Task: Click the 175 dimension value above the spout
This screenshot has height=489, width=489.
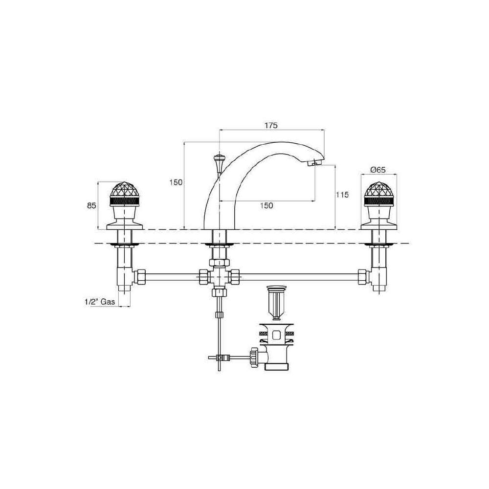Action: click(271, 125)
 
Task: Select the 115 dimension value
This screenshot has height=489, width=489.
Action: click(342, 195)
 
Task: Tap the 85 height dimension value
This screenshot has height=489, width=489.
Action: click(91, 206)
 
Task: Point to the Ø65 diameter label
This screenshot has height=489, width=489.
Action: click(378, 170)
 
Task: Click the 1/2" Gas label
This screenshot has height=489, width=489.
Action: click(100, 302)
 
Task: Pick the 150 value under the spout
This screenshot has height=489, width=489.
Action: click(267, 205)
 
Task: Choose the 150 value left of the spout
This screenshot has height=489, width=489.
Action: click(176, 182)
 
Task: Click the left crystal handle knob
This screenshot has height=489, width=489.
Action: click(124, 194)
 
